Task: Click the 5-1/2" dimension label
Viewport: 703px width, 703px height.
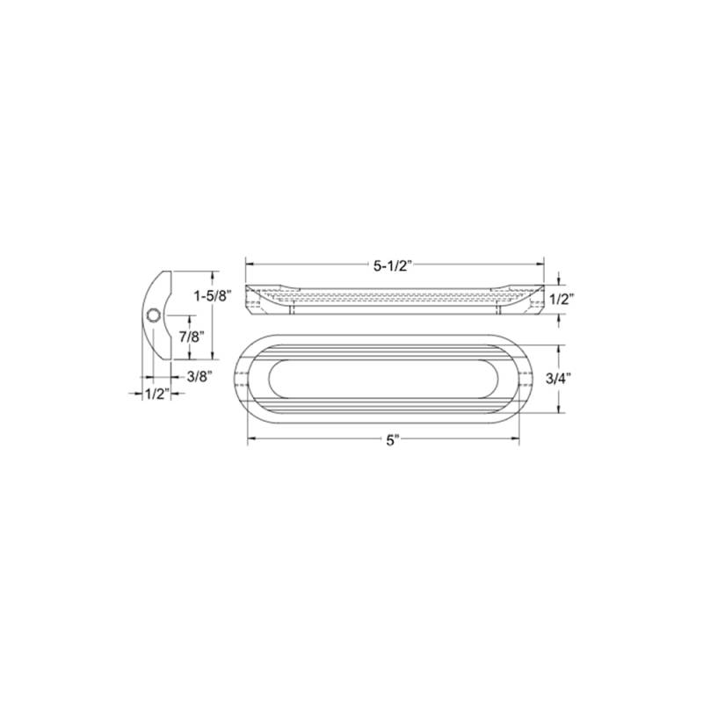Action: point(392,266)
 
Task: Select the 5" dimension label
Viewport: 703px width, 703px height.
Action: point(393,441)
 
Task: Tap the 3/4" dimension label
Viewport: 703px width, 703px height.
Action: point(558,379)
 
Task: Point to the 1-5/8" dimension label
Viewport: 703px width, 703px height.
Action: point(213,296)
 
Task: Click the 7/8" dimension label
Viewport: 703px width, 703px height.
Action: point(192,337)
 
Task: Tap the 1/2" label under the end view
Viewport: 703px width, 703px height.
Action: point(157,394)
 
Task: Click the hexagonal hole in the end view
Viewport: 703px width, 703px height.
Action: point(153,315)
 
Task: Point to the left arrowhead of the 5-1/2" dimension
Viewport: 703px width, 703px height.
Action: point(250,265)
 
